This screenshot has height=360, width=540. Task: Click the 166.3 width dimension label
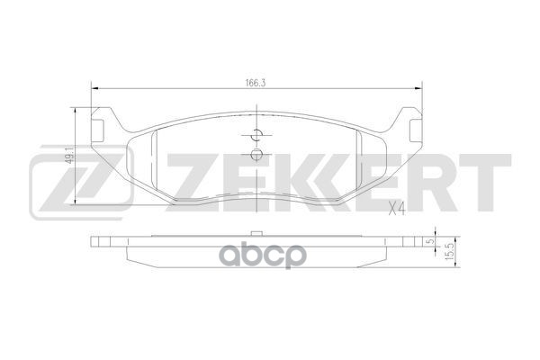coord(256,79)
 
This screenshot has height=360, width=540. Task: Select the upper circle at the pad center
coord(256,136)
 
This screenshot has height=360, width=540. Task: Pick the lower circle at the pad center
coord(256,154)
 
